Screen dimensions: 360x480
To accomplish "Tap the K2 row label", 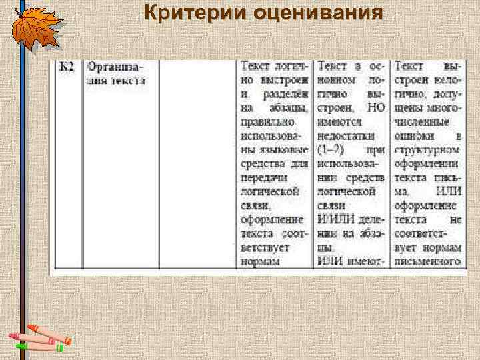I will point(67,67).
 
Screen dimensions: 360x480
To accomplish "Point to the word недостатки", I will point(347,136).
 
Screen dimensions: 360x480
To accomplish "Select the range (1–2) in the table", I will point(332,149).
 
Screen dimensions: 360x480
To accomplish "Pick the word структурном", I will point(427,149).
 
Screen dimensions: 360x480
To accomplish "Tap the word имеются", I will point(339,122).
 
